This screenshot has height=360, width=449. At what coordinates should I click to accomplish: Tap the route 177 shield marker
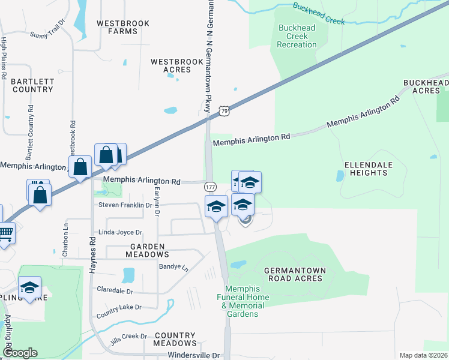point(210,187)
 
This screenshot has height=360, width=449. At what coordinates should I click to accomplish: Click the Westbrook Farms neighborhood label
point(118,27)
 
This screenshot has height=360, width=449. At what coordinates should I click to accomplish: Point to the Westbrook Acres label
point(170,65)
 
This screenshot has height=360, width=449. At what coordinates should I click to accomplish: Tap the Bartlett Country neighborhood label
point(32,85)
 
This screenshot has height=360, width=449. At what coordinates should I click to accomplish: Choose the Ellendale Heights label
point(366,169)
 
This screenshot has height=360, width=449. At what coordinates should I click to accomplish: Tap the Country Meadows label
point(175,339)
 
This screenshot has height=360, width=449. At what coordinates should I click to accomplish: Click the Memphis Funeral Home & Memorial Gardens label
point(240,301)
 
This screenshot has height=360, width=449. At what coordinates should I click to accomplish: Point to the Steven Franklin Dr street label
point(125,205)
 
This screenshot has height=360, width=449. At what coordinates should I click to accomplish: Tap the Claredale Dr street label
point(115,290)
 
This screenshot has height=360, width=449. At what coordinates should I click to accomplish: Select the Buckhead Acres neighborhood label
point(426,86)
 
